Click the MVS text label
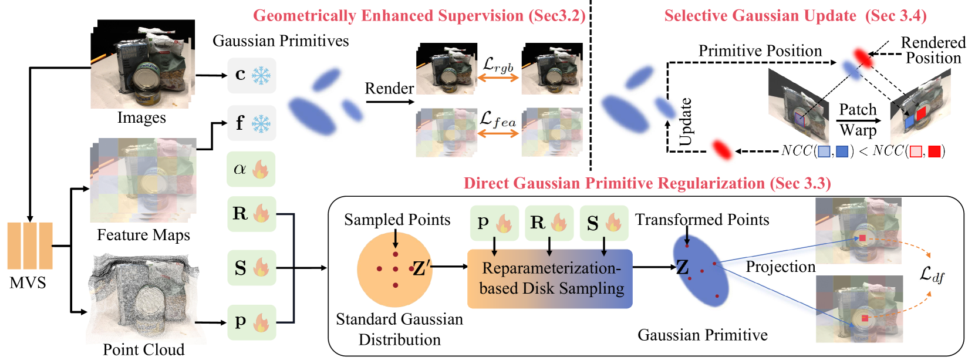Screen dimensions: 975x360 coord(28,283)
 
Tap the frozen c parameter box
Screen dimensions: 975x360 coord(252,75)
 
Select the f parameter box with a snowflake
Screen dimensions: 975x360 coord(252,123)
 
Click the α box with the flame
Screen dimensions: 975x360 coord(251,169)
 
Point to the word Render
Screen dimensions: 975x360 coord(389,88)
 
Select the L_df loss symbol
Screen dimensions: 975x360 coord(932,274)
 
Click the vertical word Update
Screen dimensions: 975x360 coord(685,122)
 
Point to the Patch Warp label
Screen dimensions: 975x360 coord(858,119)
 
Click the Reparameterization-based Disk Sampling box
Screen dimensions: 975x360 coord(550,278)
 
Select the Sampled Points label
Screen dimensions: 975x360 coord(397,220)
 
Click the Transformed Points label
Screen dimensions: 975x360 coord(702,220)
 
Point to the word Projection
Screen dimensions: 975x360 coord(781,267)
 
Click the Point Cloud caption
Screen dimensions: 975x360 coord(144,349)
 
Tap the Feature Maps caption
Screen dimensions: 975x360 coord(144,235)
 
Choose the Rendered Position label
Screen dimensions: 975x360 coord(933,50)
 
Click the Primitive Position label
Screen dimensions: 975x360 coord(760,51)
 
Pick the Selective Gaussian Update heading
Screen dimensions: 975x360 coord(795,16)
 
